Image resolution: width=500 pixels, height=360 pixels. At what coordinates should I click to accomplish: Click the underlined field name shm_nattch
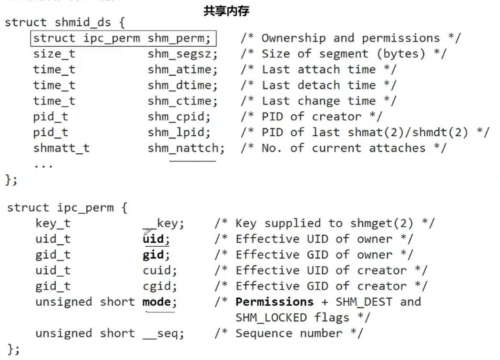185,148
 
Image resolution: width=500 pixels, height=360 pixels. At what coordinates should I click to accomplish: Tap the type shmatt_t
61,148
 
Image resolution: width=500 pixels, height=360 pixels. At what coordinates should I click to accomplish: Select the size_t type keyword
54,54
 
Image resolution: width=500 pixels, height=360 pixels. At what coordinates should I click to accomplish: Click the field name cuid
159,270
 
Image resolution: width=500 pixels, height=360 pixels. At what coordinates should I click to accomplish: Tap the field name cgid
159,286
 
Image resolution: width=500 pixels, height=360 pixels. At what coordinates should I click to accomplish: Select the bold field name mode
159,302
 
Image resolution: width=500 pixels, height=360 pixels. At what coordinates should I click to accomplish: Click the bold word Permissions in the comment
275,302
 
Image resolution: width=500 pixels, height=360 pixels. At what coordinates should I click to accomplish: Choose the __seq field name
163,333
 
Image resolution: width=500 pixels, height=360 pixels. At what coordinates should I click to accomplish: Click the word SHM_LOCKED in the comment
271,318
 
